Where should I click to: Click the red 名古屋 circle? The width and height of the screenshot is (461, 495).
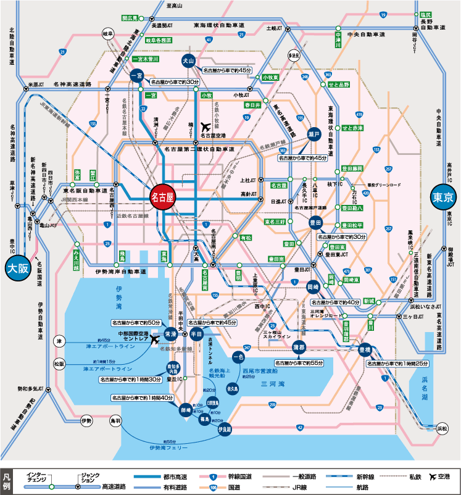pos(164,198)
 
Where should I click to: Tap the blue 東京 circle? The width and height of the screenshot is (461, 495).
pos(442,198)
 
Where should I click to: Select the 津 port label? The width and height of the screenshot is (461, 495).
pos(59,341)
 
